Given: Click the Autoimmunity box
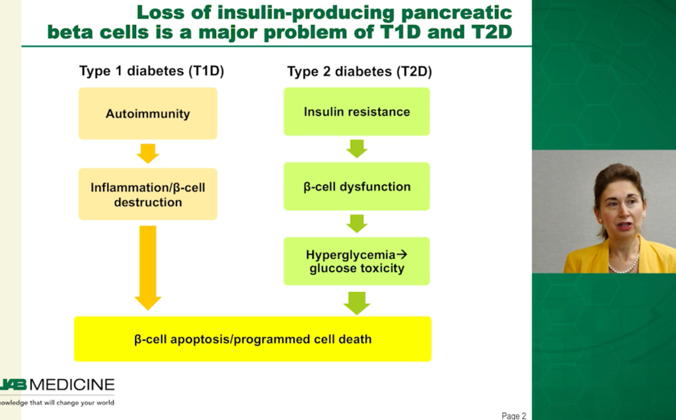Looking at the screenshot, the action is click(x=148, y=114).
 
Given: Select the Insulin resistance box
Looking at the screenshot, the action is click(x=357, y=112).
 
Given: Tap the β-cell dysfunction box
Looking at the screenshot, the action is click(x=357, y=186).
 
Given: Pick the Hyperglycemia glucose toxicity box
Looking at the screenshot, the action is click(x=357, y=261).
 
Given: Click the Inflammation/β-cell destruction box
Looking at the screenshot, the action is click(x=148, y=194).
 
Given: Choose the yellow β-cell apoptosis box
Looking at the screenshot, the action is click(x=252, y=339).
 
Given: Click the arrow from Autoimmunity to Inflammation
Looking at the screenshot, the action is click(x=148, y=153).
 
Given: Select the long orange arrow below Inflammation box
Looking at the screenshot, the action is click(x=148, y=267).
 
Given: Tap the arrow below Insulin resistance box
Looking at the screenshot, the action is click(x=357, y=149).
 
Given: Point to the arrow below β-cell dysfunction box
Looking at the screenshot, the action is click(x=357, y=224).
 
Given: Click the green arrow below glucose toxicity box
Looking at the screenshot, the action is click(x=357, y=303).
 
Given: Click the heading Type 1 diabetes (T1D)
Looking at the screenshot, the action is click(x=152, y=71).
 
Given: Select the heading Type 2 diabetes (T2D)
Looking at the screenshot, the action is click(x=359, y=71).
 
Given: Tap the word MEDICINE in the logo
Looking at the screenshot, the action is click(x=72, y=385).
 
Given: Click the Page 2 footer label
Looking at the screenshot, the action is click(x=514, y=415).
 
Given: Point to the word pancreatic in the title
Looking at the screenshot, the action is click(x=457, y=13).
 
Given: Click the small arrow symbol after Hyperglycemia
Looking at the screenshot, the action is click(x=402, y=254).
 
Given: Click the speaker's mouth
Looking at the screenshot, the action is click(x=624, y=225).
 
